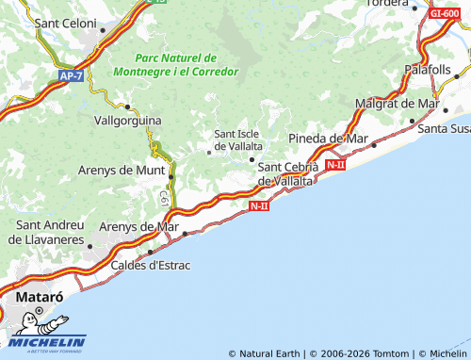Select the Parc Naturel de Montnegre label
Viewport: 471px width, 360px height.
pos(175,64)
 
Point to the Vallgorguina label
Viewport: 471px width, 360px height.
pos(128,121)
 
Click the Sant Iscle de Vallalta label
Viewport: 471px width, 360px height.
pos(238,139)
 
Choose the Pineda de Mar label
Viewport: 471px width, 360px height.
pos(327,139)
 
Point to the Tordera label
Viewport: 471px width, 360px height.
pos(387,2)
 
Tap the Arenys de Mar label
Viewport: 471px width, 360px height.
pos(138,226)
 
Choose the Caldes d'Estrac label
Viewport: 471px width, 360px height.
pos(151,265)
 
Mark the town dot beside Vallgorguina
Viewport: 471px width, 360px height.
pos(127,106)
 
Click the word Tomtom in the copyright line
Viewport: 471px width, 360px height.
pos(390,353)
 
